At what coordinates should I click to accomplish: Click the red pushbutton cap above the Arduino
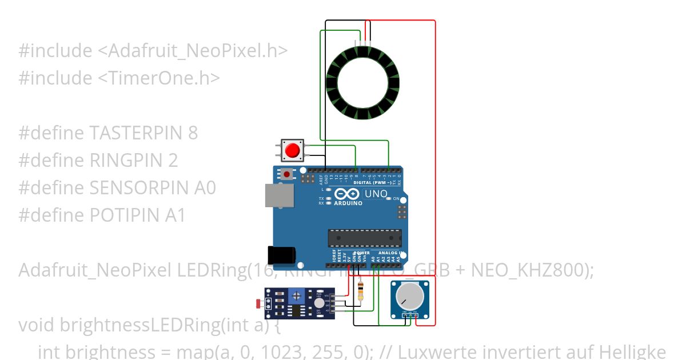pyautogui.click(x=293, y=150)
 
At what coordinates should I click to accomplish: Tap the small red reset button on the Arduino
pyautogui.click(x=287, y=174)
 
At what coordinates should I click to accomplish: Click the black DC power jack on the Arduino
pyautogui.click(x=282, y=255)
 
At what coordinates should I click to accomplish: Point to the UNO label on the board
pyautogui.click(x=376, y=194)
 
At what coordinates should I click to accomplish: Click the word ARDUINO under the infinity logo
pyautogui.click(x=348, y=203)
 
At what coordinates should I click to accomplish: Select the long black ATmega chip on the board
pyautogui.click(x=364, y=238)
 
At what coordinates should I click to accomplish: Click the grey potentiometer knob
pyautogui.click(x=409, y=295)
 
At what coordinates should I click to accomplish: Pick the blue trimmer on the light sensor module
pyautogui.click(x=296, y=295)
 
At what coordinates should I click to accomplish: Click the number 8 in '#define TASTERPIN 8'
pyautogui.click(x=193, y=133)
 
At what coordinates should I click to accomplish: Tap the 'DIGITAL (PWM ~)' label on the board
pyautogui.click(x=373, y=182)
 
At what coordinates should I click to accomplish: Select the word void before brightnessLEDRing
pyautogui.click(x=37, y=325)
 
